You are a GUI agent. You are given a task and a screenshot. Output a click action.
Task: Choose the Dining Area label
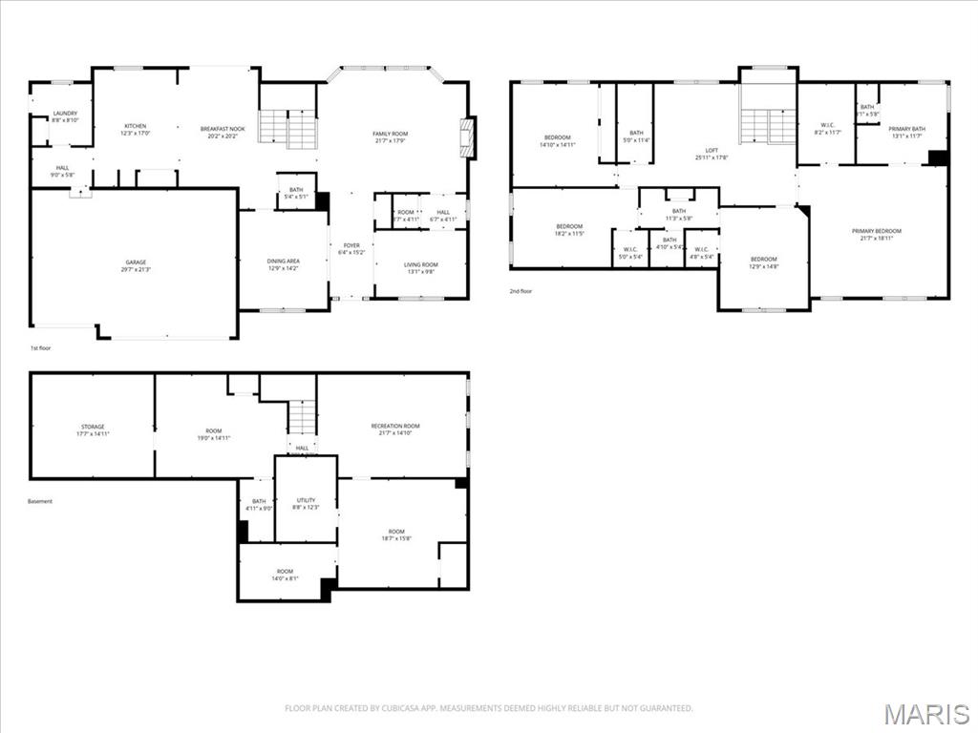(283, 264)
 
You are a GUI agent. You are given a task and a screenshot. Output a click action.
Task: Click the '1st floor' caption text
(40, 349)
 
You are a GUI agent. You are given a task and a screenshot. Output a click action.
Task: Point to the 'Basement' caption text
(40, 501)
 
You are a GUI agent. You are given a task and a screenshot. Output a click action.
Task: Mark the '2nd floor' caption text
(521, 292)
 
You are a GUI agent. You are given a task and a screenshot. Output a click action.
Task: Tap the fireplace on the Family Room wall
(468, 136)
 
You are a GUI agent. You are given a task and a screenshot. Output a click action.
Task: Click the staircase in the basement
(303, 417)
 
